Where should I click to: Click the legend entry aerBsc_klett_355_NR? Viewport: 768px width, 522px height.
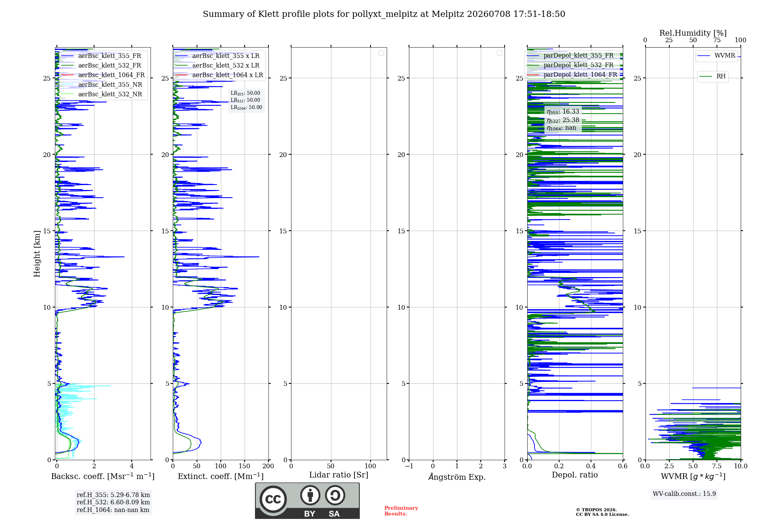102,84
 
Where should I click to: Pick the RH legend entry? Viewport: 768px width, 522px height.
713,76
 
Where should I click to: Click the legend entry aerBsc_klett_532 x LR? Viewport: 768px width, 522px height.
217,65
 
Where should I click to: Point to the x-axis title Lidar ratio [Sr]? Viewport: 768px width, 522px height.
339,475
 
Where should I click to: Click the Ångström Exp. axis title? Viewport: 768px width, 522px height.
457,477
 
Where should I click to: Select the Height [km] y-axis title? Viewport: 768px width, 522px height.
37,254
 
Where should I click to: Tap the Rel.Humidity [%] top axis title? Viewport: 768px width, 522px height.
693,33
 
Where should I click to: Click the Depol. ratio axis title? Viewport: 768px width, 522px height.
575,475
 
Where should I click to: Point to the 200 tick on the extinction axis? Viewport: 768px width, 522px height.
268,466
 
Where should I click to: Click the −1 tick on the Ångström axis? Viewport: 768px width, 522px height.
409,466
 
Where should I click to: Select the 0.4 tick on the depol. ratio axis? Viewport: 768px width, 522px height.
591,466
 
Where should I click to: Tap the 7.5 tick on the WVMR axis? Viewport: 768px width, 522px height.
717,466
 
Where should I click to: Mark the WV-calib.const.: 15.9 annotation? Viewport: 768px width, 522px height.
684,494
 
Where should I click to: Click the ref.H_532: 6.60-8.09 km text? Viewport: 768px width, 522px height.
113,502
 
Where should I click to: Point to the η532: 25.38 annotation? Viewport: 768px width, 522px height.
563,120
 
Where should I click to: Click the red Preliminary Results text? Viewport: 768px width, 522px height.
401,511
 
